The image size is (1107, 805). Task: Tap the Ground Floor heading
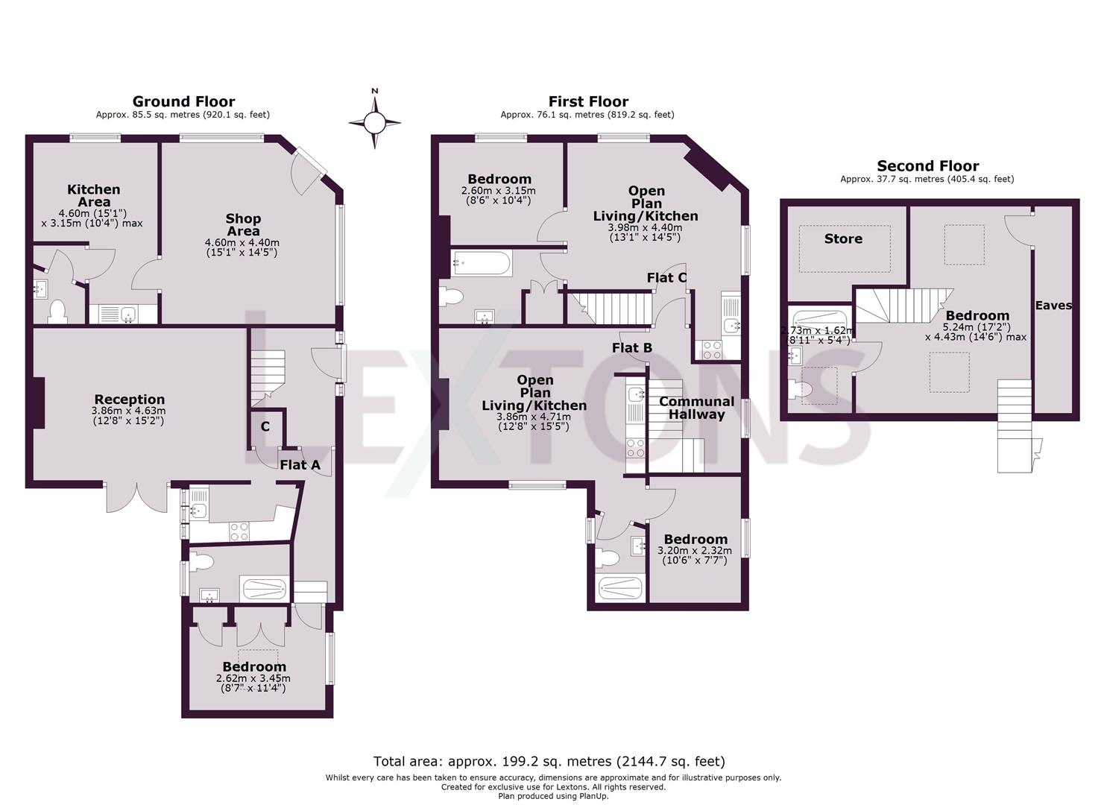click(x=183, y=101)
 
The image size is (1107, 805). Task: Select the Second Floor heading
click(x=927, y=166)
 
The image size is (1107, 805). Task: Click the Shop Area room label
click(x=243, y=224)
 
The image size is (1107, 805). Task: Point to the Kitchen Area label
click(x=93, y=195)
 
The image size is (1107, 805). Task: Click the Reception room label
click(x=129, y=400)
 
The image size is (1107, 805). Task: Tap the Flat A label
click(x=300, y=465)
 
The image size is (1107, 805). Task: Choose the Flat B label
click(x=631, y=347)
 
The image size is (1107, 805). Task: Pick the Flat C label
click(x=666, y=278)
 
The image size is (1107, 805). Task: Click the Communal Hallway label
click(x=696, y=408)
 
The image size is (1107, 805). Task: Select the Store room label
click(x=843, y=239)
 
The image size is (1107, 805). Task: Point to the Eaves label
click(x=1053, y=305)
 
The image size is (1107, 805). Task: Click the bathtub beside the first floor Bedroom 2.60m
click(x=482, y=263)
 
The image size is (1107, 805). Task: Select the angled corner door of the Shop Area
click(x=308, y=167)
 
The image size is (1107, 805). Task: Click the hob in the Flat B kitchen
click(x=635, y=448)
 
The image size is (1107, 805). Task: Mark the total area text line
click(x=549, y=761)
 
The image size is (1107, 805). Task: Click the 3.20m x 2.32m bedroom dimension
click(x=695, y=551)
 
